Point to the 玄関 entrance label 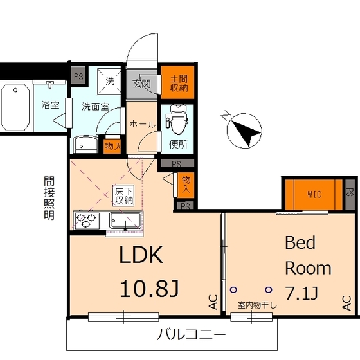142,83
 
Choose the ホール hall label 142,123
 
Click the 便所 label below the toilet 178,145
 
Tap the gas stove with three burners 87,221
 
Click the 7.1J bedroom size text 301,294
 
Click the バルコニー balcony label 192,334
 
